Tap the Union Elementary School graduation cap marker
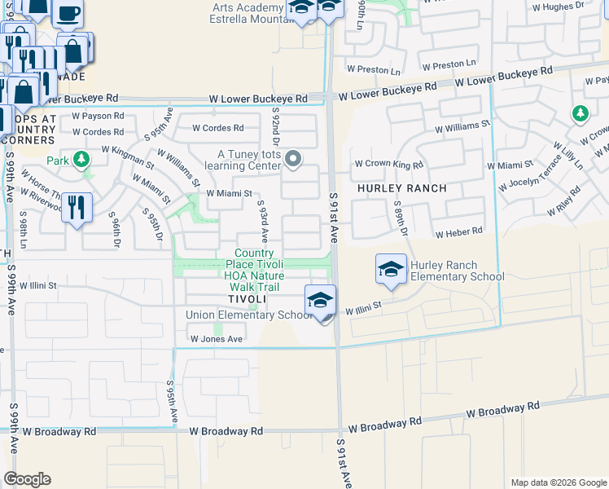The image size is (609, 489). (x=320, y=300)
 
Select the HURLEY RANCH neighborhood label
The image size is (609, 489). (x=401, y=188)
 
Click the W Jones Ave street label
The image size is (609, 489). (x=217, y=339)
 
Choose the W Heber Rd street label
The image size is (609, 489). (x=458, y=233)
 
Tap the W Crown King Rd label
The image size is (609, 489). (x=388, y=165)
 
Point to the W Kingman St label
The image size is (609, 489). (x=133, y=152)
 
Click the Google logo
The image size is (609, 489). (x=27, y=479)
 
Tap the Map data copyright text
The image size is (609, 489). (x=558, y=482)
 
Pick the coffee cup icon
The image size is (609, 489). (x=68, y=12)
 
